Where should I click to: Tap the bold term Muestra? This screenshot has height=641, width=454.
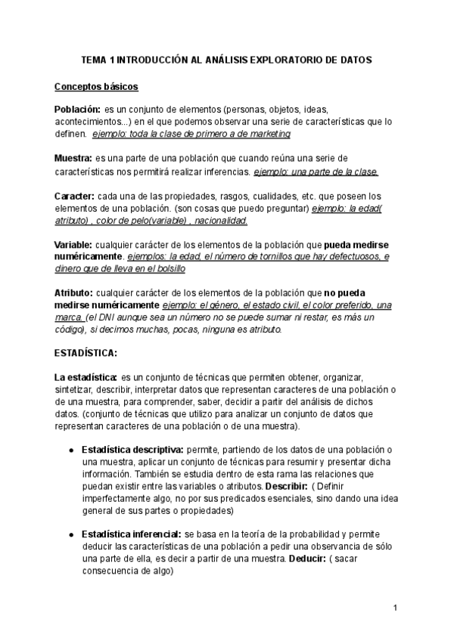point(73,158)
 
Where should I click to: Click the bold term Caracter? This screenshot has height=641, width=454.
point(74,197)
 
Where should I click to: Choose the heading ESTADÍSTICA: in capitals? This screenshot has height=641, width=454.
point(86,352)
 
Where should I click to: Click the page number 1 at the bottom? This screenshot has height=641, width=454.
point(395,608)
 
